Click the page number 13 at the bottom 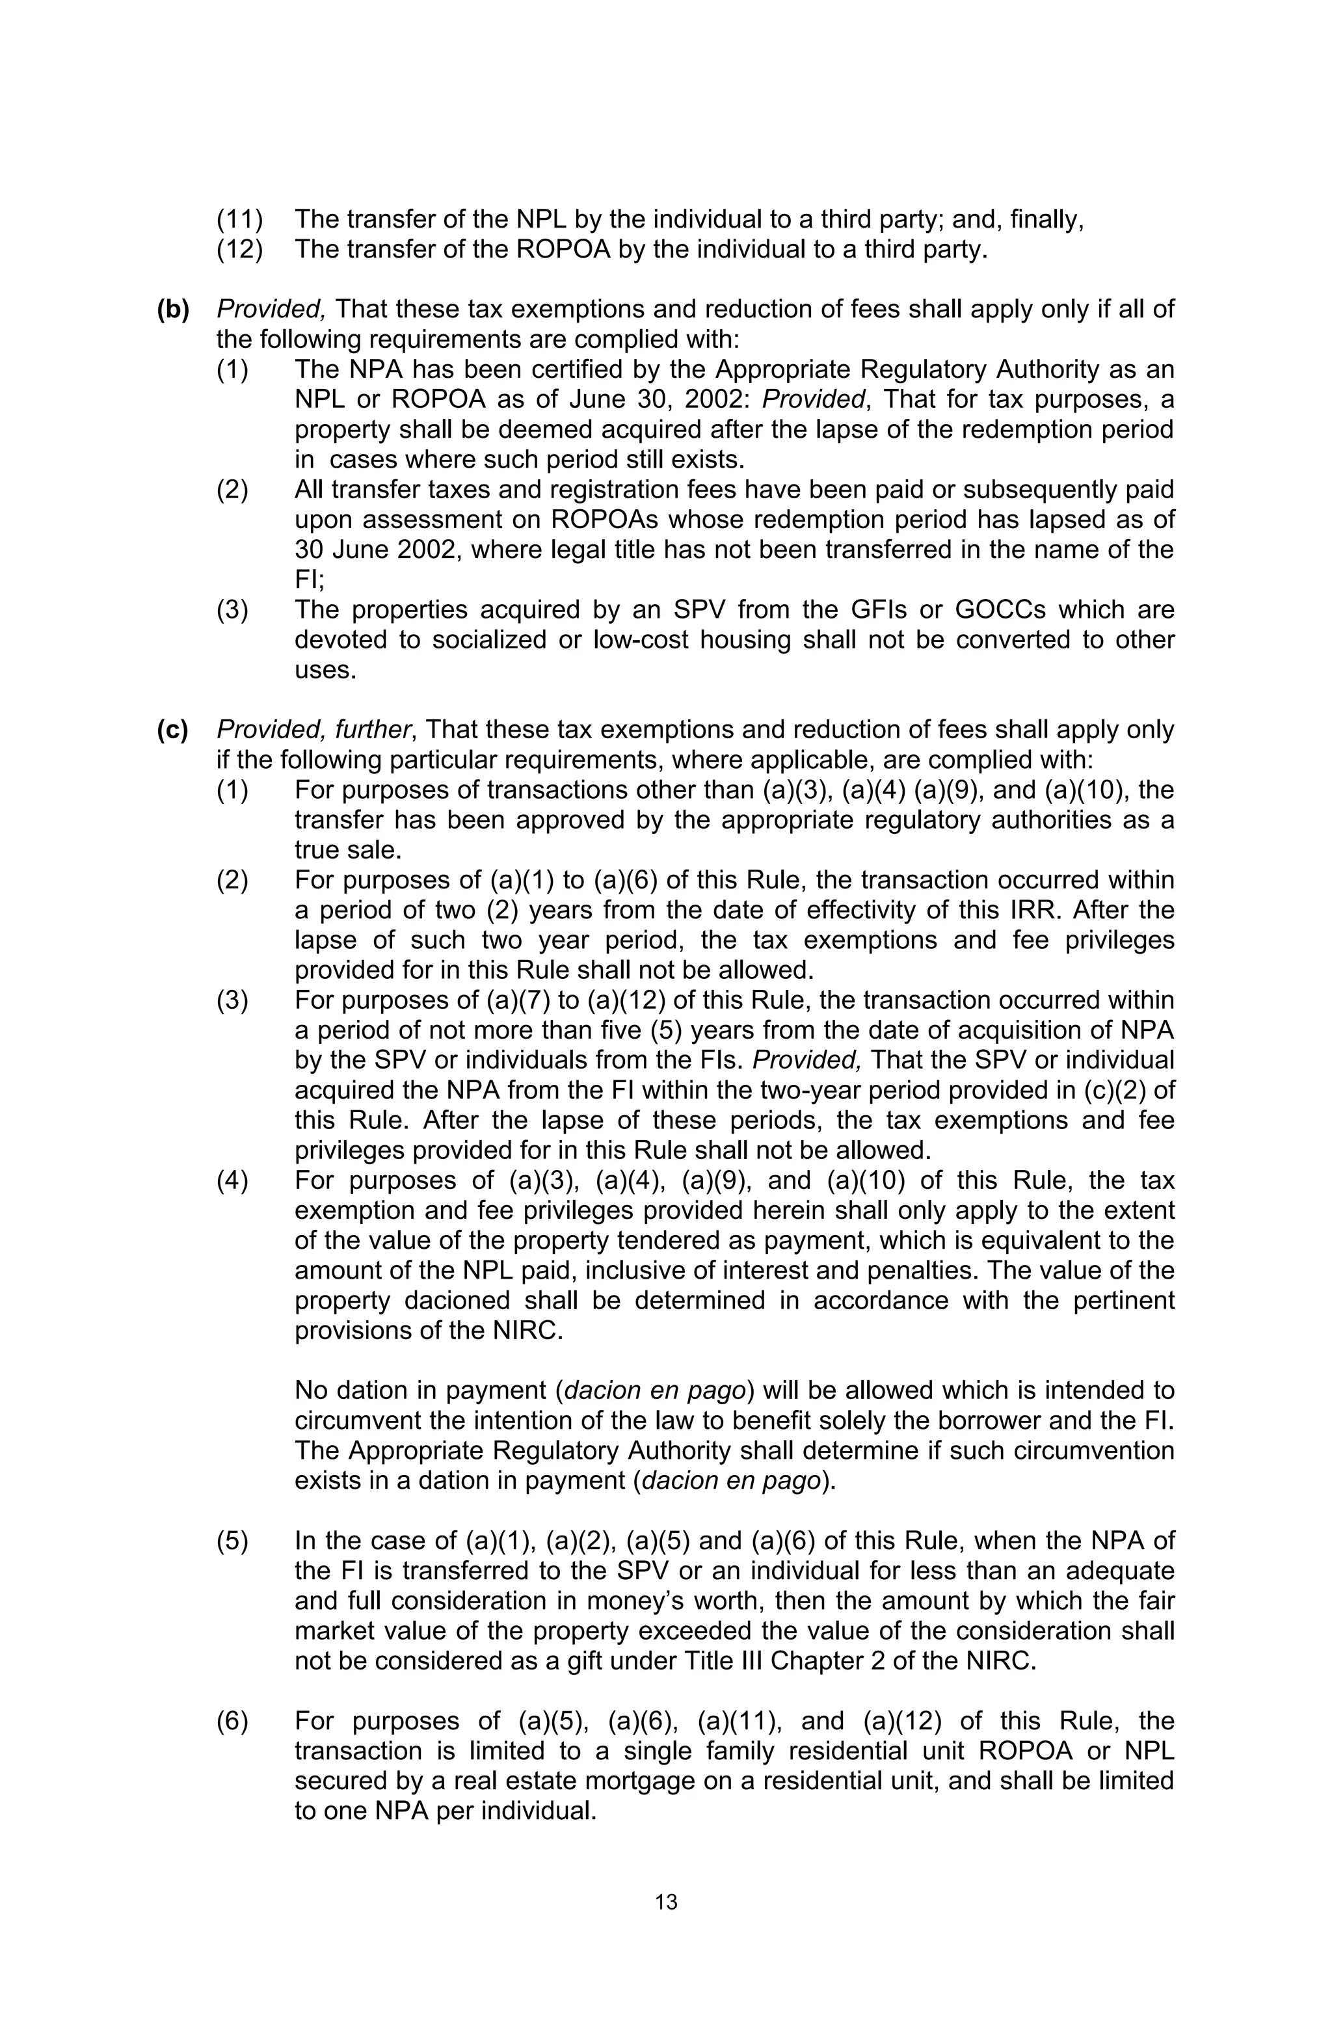tap(665, 1902)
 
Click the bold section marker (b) tap(172, 309)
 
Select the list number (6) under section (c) tap(232, 1720)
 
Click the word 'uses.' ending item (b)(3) tap(325, 669)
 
